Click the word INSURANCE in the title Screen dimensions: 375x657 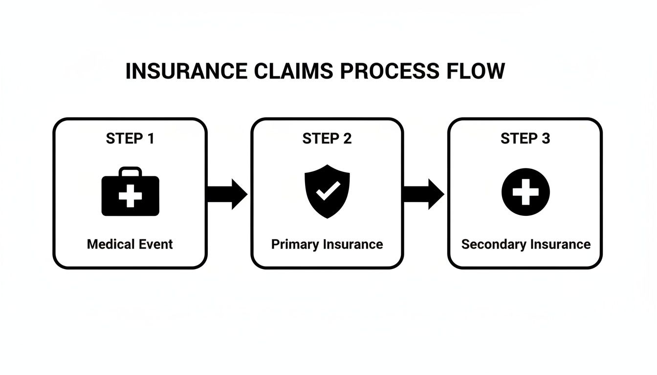click(186, 71)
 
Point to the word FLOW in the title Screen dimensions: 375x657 click(474, 71)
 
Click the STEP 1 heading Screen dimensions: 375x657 click(130, 139)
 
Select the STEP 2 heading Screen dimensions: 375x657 click(327, 139)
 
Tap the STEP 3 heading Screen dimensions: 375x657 click(525, 139)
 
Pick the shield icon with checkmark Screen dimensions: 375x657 click(327, 191)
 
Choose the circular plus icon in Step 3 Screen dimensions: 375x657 click(526, 191)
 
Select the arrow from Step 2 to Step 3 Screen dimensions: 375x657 click(424, 194)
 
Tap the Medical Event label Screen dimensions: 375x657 click(130, 244)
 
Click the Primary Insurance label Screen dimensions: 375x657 click(327, 244)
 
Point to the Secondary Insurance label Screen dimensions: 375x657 click(526, 244)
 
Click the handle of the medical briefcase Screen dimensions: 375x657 click(130, 170)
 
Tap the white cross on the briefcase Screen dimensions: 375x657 click(130, 196)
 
